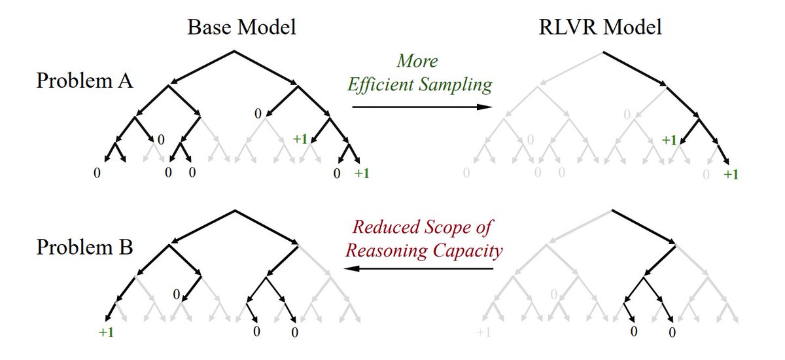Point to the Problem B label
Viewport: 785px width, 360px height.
[x=86, y=248]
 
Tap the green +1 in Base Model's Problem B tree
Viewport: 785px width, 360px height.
[x=106, y=332]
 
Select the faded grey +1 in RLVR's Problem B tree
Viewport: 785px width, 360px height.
[x=483, y=333]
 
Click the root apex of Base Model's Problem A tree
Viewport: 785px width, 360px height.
[x=235, y=50]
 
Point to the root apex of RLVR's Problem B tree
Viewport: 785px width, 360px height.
[x=611, y=211]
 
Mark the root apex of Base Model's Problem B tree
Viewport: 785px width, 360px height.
[x=235, y=211]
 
